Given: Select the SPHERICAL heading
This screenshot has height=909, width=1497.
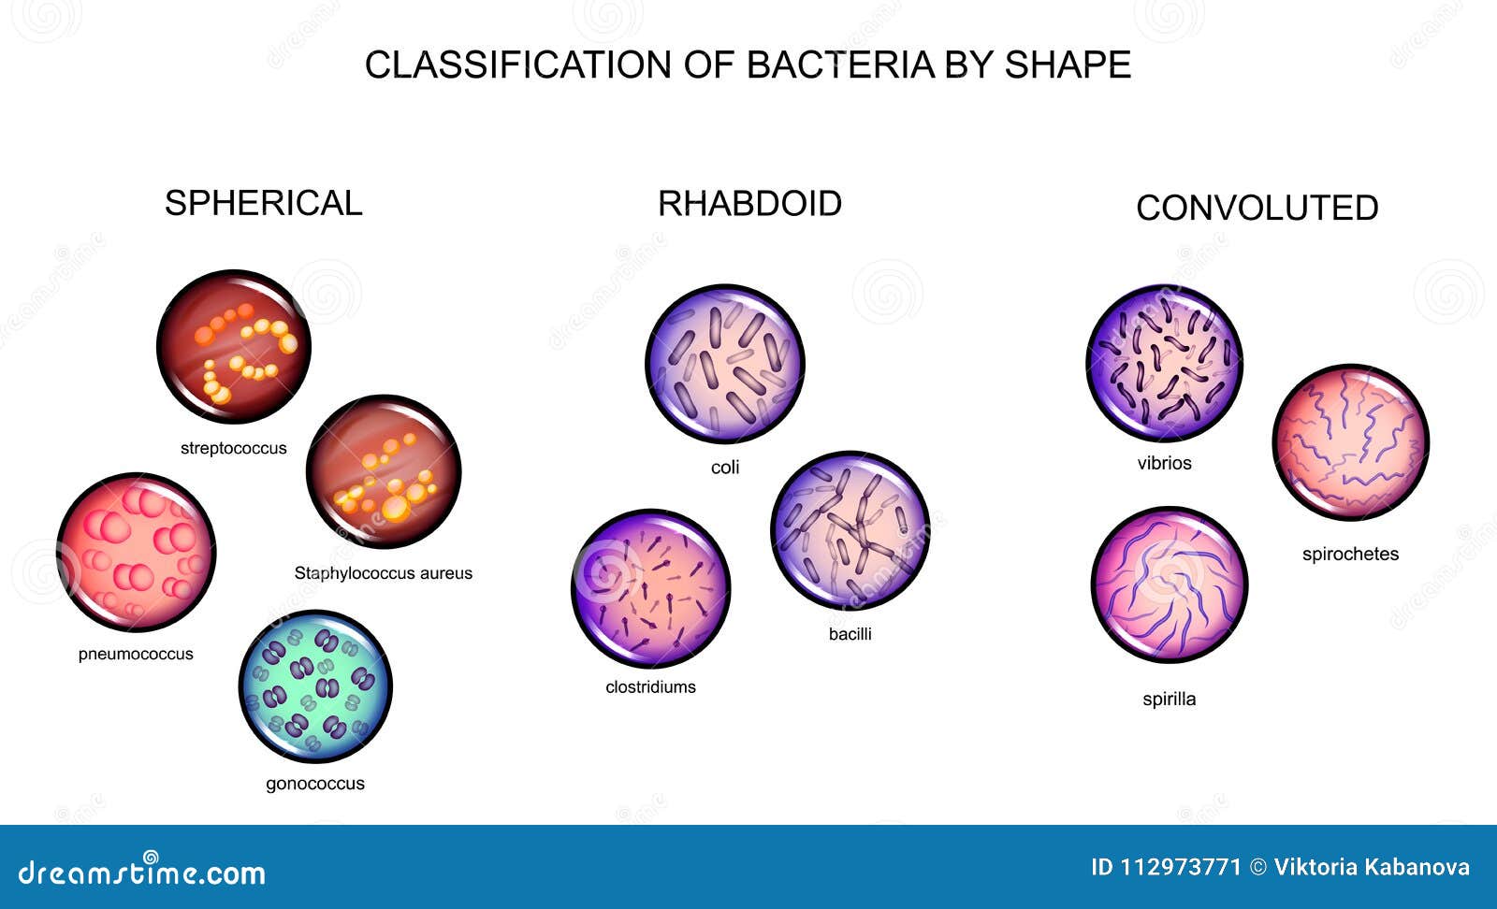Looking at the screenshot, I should [263, 203].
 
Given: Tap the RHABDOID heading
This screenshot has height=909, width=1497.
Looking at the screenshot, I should [749, 203].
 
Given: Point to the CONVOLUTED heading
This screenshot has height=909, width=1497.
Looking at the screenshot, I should [1257, 208].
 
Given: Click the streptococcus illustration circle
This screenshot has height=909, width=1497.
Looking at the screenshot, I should [233, 347].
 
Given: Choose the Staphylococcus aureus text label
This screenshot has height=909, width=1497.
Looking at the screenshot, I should [383, 573].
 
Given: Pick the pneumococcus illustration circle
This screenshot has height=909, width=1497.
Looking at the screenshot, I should [136, 552].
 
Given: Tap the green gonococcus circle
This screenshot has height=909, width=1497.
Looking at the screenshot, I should [315, 687].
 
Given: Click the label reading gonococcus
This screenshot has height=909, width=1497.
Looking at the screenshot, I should [315, 784].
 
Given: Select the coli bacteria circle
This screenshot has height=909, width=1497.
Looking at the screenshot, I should [725, 364].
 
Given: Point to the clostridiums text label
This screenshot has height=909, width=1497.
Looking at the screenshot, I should [650, 686].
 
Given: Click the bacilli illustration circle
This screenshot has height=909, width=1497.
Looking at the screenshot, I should [850, 531].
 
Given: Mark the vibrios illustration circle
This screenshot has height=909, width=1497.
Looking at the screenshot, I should [1164, 364].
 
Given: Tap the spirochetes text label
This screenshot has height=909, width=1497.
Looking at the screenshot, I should [1350, 554].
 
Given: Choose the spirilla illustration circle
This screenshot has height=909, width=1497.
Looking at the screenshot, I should [1170, 585].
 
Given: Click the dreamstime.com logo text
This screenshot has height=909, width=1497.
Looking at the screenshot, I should [142, 872].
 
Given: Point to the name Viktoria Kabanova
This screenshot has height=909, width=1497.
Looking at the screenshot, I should [1372, 868].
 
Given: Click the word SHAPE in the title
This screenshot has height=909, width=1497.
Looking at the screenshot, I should [1068, 65].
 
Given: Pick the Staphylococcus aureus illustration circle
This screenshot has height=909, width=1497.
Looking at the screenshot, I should [384, 471].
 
